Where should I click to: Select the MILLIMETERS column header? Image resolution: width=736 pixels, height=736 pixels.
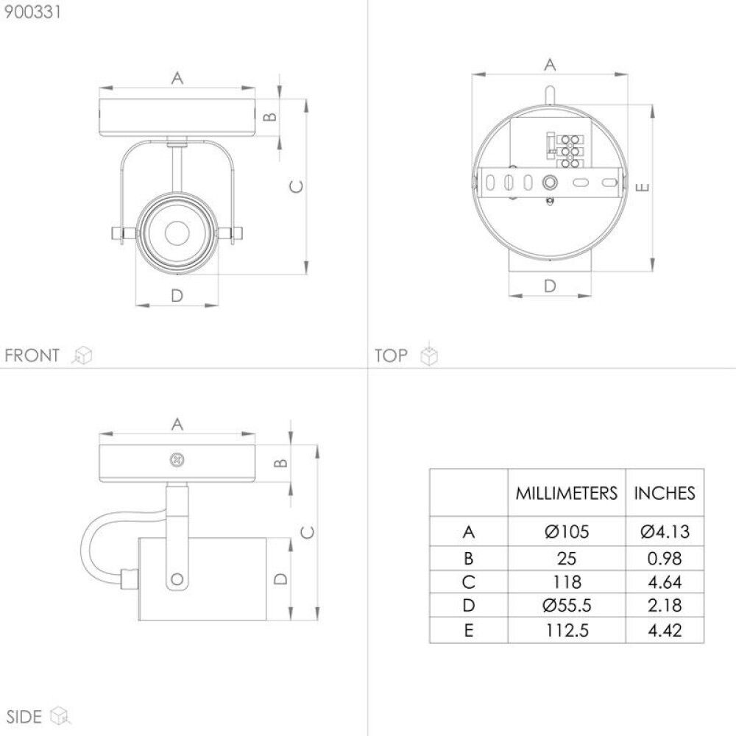tap(566, 492)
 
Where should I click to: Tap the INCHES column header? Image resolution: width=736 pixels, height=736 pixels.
tap(664, 492)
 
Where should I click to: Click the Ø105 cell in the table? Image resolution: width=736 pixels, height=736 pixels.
tap(566, 531)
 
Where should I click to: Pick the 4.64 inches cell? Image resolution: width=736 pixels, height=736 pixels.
tap(664, 582)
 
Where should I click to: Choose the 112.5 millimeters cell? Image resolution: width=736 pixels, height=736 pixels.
tap(566, 630)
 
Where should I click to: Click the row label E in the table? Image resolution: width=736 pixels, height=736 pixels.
tap(469, 630)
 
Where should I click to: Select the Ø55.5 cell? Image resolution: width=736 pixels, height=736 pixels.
tap(566, 606)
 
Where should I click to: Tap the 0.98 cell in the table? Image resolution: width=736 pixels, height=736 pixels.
tap(664, 557)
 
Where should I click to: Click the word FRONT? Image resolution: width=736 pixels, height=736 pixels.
tap(32, 356)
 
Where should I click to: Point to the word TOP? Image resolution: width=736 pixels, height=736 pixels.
tap(391, 356)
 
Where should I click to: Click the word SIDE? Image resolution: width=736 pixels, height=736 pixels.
tap(24, 715)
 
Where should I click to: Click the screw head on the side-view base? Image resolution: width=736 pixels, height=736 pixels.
tap(177, 459)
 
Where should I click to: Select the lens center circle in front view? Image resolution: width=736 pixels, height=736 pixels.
tap(177, 234)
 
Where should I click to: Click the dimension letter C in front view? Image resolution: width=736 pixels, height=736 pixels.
tap(294, 187)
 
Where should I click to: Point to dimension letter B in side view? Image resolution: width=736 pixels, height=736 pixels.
tap(280, 463)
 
